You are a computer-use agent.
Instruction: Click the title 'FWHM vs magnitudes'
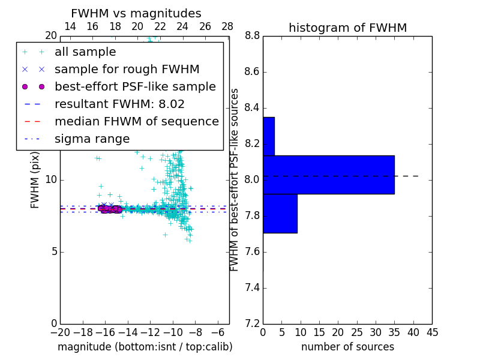[136, 14]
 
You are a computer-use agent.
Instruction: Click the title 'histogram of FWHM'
[347, 28]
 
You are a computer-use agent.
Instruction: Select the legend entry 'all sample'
[85, 52]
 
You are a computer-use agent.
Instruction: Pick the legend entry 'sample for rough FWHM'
[127, 70]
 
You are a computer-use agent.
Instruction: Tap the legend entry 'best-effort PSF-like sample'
[135, 86]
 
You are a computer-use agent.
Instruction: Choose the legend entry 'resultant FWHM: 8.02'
[119, 104]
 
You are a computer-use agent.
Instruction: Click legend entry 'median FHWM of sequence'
[136, 121]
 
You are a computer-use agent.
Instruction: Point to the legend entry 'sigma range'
[92, 139]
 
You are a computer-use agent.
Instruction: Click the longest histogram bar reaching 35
[328, 175]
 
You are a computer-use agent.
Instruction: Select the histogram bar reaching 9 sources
[280, 213]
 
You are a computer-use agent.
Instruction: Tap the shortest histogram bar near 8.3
[268, 136]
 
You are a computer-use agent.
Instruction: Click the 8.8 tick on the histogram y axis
[252, 36]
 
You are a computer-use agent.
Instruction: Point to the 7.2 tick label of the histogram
[252, 324]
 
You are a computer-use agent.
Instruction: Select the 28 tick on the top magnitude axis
[227, 26]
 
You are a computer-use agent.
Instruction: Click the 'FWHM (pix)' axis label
[35, 180]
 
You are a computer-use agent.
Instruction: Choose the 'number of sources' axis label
[347, 347]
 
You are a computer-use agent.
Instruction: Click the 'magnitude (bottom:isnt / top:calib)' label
[145, 347]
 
